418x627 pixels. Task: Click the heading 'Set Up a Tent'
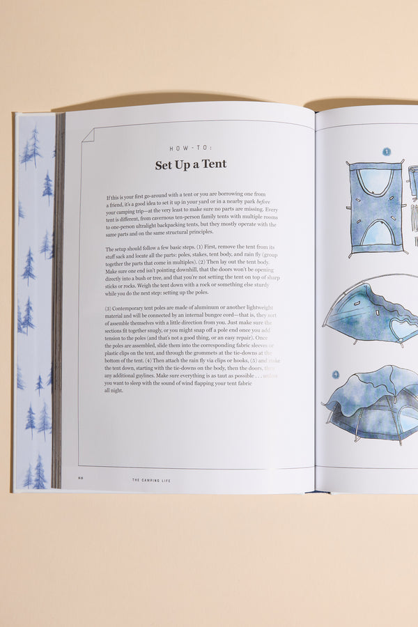pyautogui.click(x=190, y=165)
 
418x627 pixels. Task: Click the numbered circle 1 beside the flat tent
pyautogui.click(x=387, y=151)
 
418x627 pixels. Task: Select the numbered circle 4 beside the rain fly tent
pyautogui.click(x=335, y=374)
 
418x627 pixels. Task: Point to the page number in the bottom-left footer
pyautogui.click(x=81, y=479)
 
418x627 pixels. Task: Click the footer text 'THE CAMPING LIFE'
pyautogui.click(x=153, y=480)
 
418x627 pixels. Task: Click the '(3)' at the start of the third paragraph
pyautogui.click(x=108, y=308)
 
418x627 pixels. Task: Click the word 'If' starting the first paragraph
pyautogui.click(x=109, y=198)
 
